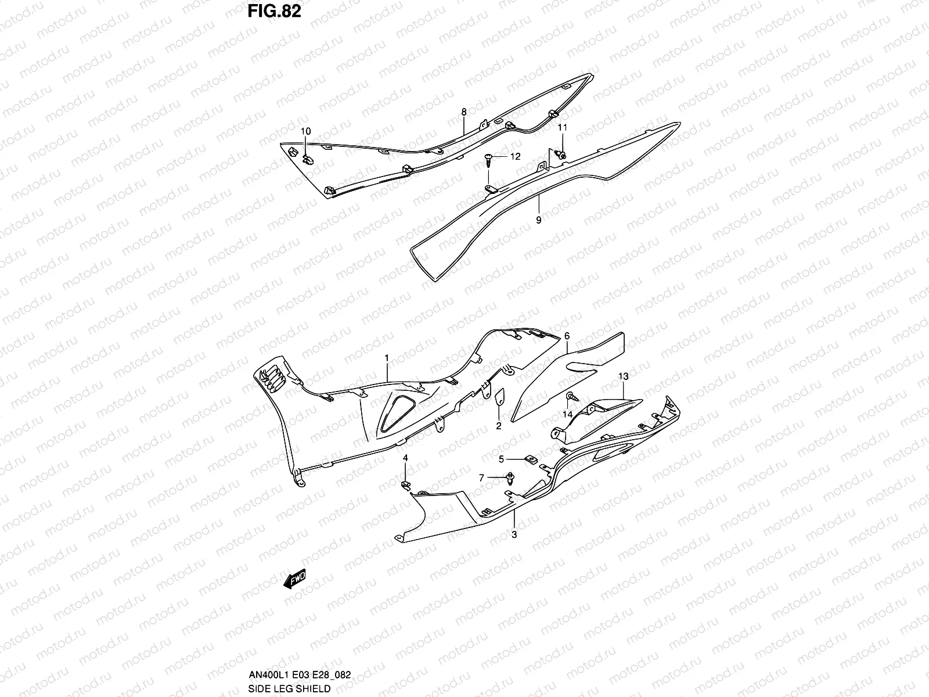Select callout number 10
coord(306,131)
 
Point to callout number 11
coord(562,127)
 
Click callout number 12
coord(515,156)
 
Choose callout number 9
coord(538,220)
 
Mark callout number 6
coord(567,336)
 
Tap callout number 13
coord(623,376)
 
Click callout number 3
coord(514,534)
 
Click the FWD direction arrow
coord(294,579)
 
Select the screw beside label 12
coord(489,159)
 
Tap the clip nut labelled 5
coord(530,459)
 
